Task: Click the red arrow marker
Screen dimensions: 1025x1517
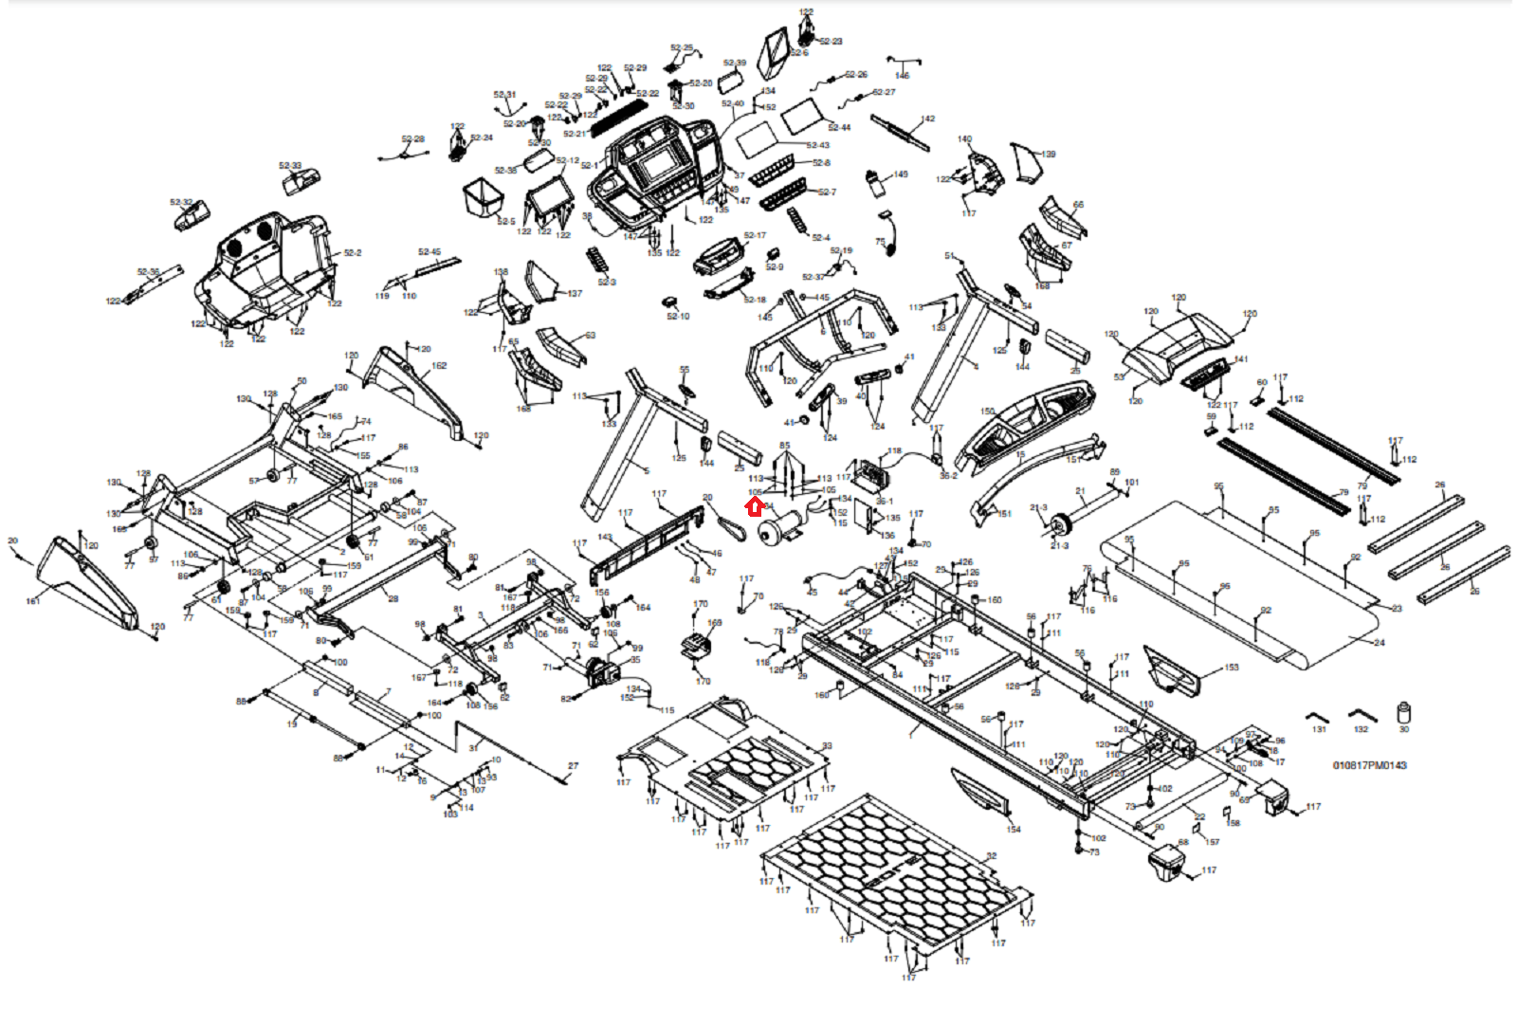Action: (755, 507)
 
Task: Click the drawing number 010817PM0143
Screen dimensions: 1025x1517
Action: (1369, 765)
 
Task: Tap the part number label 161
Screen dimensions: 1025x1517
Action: (33, 601)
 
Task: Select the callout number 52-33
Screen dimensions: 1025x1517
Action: (290, 166)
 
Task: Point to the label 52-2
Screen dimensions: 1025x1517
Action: (353, 253)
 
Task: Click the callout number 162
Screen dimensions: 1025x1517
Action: (439, 366)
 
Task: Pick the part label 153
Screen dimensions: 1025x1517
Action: (1232, 668)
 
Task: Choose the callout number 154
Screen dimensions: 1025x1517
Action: (1014, 830)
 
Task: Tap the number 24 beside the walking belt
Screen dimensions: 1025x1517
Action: (1380, 643)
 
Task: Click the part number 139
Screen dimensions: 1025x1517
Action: (1048, 154)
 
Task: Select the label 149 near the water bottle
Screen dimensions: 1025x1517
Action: (900, 174)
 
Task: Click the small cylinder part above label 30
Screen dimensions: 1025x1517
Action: (1404, 712)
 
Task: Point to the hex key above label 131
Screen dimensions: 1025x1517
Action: (1318, 716)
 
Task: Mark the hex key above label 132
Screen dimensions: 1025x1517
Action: (1362, 714)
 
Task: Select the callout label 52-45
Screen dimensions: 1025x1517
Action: (430, 252)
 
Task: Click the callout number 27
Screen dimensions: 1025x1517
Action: (573, 766)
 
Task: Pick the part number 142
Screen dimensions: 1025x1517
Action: (927, 119)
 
